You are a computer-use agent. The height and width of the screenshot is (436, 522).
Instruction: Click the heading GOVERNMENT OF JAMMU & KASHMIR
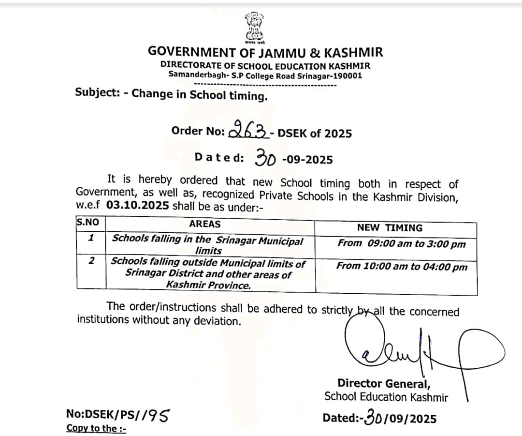(265, 52)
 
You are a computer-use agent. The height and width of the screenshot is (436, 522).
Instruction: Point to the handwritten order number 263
(248, 129)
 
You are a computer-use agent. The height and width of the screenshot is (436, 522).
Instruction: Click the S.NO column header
(87, 222)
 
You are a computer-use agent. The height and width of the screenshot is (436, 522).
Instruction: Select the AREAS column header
(204, 224)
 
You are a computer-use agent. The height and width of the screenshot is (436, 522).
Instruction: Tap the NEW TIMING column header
(390, 227)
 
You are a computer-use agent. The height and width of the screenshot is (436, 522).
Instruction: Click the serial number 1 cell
(90, 238)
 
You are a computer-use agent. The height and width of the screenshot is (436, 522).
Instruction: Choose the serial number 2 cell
(91, 261)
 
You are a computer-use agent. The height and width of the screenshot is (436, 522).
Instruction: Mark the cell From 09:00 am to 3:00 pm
(401, 243)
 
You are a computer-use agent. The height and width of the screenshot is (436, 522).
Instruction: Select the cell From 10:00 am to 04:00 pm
(402, 266)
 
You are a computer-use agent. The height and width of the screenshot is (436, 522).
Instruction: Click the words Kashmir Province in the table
(208, 285)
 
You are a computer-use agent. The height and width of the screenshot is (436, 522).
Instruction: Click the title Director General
(384, 384)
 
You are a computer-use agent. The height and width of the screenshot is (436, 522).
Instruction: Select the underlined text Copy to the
(96, 428)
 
